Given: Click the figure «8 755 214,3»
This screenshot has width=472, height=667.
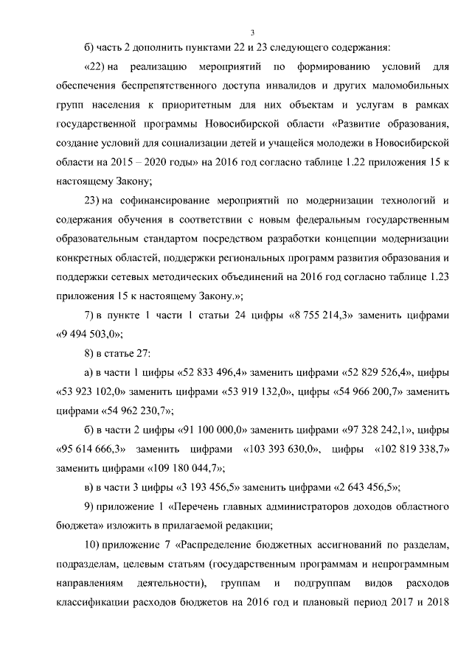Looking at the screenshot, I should [324, 315].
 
